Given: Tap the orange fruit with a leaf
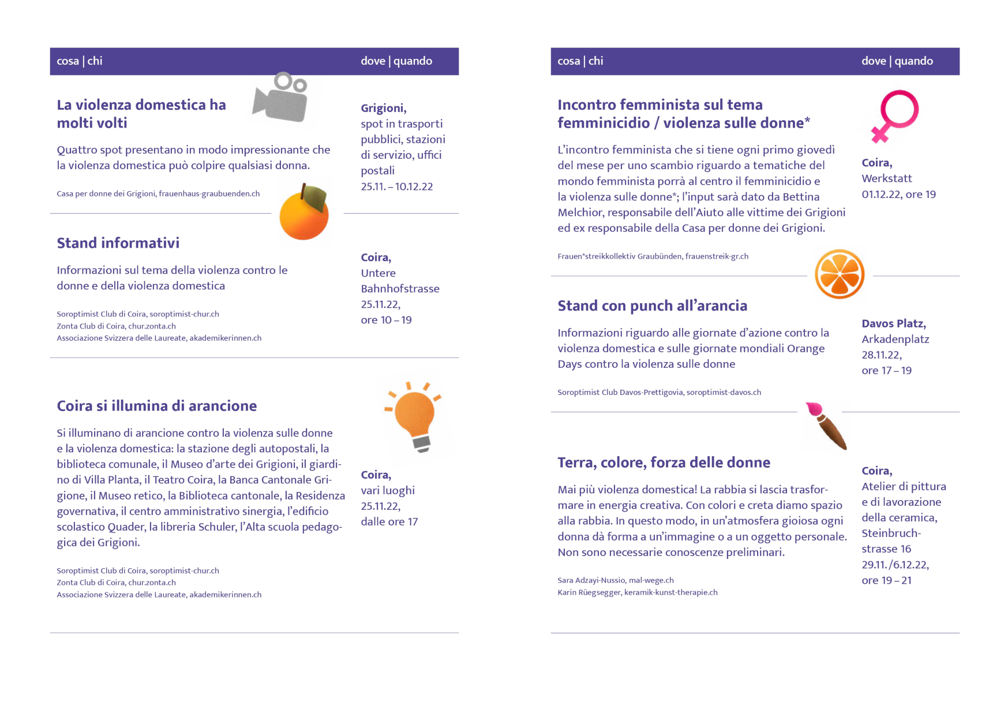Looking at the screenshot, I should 304,212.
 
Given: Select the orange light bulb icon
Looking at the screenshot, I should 415,417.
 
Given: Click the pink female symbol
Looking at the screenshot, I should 894,115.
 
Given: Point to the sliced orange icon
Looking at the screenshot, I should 840,274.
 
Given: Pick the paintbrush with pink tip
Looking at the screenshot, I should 827,426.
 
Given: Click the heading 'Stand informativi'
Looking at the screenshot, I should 118,243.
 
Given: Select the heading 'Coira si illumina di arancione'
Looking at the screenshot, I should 156,406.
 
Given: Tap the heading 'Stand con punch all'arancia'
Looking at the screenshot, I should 652,305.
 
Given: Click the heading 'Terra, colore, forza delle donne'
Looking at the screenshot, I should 664,463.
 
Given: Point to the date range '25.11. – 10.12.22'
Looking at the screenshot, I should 396,187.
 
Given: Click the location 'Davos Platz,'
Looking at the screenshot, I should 893,324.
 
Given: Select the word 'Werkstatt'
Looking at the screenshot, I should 886,178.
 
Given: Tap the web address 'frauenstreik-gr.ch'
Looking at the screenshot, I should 717,256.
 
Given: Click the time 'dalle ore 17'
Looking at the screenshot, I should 389,522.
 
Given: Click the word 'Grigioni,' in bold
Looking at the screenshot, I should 383,108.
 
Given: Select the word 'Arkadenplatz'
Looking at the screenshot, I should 895,340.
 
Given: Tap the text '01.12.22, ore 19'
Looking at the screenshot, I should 898,195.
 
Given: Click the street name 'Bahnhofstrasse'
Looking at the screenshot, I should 400,289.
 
